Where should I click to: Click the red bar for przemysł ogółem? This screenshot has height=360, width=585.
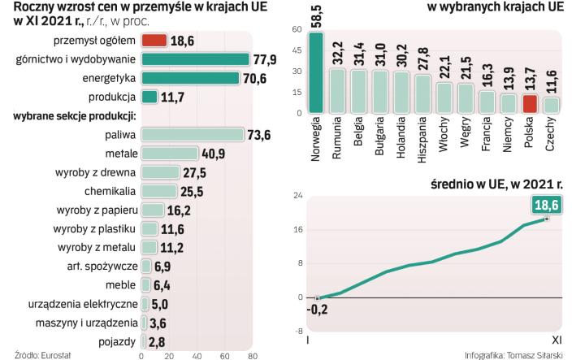[x=154, y=40]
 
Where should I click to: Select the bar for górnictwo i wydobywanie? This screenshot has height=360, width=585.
[x=195, y=59]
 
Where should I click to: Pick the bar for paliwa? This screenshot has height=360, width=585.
[x=193, y=134]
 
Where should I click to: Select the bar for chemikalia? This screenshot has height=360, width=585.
[x=158, y=191]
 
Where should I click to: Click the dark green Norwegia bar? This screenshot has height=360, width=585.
[x=316, y=74]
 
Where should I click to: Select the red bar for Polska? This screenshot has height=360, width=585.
[x=529, y=103]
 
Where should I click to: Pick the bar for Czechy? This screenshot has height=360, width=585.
[x=550, y=105]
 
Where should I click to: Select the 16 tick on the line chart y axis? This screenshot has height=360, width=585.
[x=298, y=229]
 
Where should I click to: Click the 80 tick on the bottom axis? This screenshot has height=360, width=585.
[x=252, y=355]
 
